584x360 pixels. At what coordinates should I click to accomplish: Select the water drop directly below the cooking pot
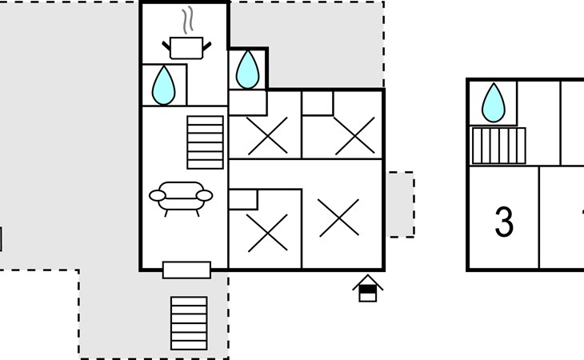pyautogui.click(x=164, y=85)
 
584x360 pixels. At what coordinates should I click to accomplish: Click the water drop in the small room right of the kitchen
pyautogui.click(x=248, y=70)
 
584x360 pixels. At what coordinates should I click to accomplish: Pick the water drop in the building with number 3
pyautogui.click(x=493, y=102)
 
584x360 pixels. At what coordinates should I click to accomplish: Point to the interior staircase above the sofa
pyautogui.click(x=206, y=142)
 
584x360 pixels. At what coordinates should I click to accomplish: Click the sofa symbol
pyautogui.click(x=181, y=196)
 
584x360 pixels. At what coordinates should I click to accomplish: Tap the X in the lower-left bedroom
pyautogui.click(x=265, y=232)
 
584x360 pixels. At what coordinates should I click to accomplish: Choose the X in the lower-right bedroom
pyautogui.click(x=339, y=218)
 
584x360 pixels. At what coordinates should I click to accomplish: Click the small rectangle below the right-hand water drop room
pyautogui.click(x=247, y=102)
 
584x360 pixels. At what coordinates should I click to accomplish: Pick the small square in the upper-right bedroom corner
pyautogui.click(x=317, y=103)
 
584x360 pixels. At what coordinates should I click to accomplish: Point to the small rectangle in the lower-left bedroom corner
pyautogui.click(x=242, y=199)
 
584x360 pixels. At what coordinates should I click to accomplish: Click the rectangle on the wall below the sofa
pyautogui.click(x=186, y=270)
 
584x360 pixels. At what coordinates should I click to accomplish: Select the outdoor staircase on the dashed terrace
pyautogui.click(x=189, y=323)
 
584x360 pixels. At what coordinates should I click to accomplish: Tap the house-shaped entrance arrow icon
pyautogui.click(x=367, y=288)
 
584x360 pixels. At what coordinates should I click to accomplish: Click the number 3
pyautogui.click(x=504, y=222)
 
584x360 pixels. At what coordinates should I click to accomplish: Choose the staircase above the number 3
pyautogui.click(x=498, y=146)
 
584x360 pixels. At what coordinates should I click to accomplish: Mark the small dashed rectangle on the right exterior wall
pyautogui.click(x=401, y=204)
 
